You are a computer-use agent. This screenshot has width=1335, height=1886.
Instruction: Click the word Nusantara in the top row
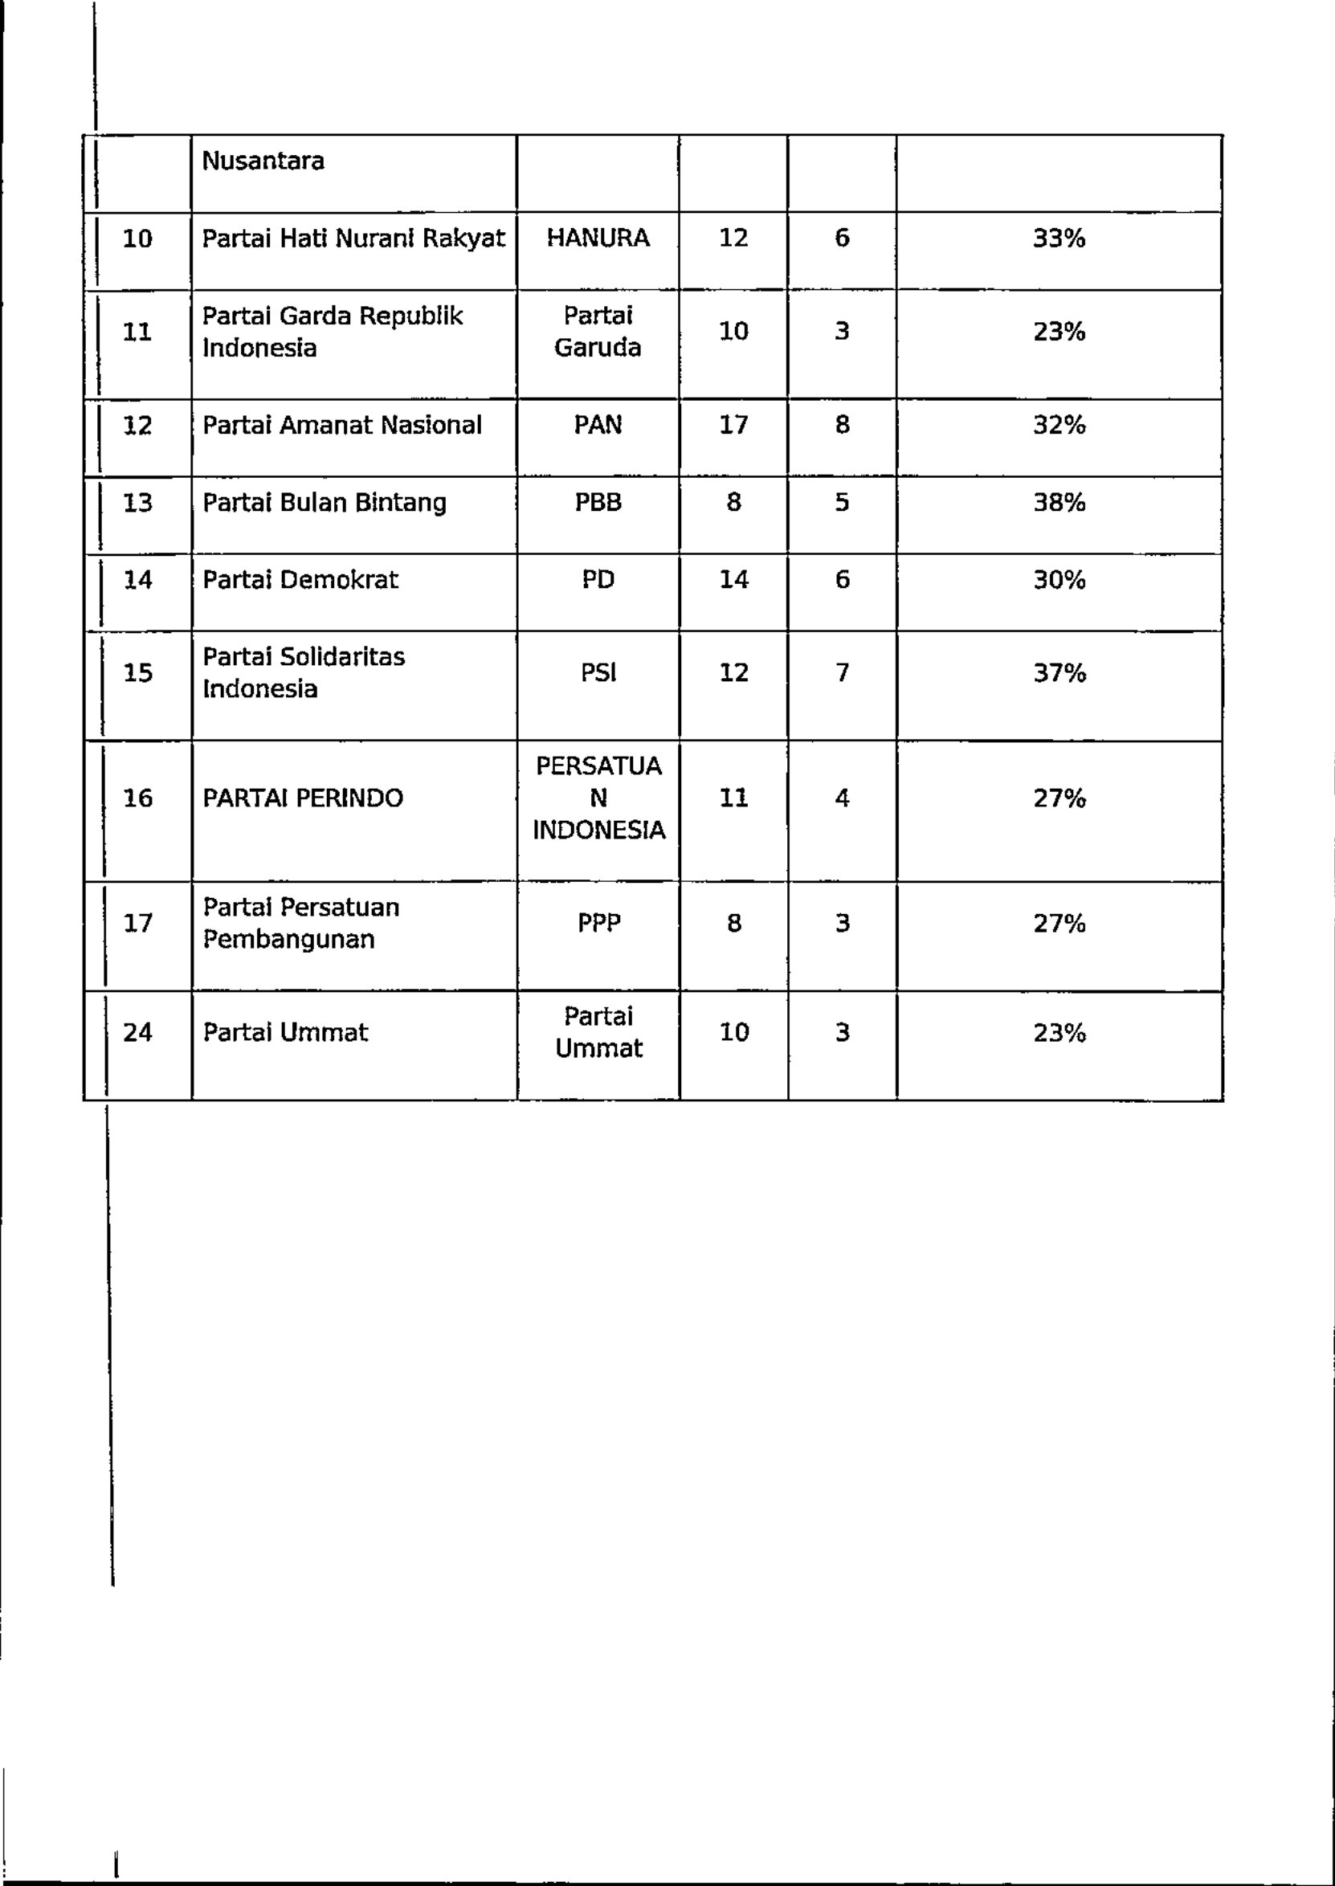point(263,161)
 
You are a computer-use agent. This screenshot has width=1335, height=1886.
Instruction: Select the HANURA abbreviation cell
point(598,239)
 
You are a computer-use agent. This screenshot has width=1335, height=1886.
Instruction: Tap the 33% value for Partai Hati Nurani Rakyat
point(1059,239)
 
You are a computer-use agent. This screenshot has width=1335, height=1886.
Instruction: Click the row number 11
point(137,332)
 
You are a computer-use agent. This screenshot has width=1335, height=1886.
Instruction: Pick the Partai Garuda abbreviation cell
point(598,332)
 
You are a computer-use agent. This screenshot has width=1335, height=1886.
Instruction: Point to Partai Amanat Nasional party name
point(342,425)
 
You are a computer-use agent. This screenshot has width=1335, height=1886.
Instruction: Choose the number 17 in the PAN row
point(733,425)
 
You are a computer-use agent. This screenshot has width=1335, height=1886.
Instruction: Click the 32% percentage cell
point(1059,425)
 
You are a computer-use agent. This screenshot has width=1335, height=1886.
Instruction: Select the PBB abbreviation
point(598,502)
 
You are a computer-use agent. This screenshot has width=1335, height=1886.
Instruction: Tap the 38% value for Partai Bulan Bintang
point(1059,502)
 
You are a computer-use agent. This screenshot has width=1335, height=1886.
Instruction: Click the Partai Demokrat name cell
point(300,580)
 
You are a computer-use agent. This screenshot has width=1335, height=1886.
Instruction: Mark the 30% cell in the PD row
point(1059,580)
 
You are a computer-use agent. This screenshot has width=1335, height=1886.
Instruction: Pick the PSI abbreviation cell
point(598,673)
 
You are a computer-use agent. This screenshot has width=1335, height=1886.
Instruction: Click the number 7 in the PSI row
point(842,673)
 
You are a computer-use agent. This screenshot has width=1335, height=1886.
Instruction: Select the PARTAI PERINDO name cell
point(303,798)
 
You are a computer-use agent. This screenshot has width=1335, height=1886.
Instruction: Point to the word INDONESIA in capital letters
point(598,830)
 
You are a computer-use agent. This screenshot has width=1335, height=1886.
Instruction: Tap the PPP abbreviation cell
point(598,924)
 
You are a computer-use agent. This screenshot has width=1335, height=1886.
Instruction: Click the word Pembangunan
point(288,939)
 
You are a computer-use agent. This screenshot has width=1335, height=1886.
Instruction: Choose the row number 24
point(137,1032)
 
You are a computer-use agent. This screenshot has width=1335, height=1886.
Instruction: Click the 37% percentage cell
point(1059,673)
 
